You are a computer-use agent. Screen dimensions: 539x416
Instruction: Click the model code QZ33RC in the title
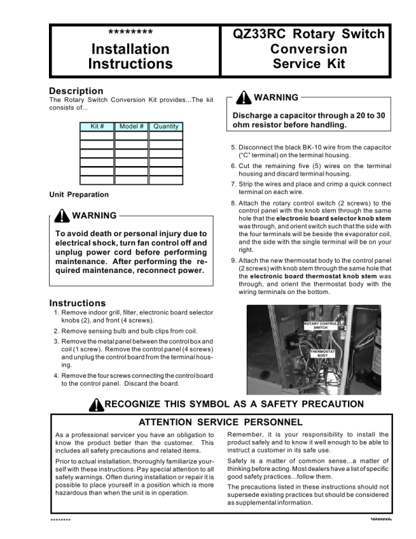260,34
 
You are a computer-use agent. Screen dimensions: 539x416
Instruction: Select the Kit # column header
97,127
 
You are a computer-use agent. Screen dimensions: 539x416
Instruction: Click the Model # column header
131,127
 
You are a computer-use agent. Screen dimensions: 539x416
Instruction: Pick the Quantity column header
166,127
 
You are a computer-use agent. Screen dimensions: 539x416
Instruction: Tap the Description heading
76,91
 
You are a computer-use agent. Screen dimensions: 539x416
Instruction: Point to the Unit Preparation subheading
79,195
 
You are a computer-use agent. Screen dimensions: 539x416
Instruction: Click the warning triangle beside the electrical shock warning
61,216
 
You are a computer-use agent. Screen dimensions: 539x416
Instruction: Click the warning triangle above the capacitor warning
243,98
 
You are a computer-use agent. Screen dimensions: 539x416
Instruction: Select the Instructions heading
77,303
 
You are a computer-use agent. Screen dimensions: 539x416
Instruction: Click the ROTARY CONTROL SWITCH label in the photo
320,325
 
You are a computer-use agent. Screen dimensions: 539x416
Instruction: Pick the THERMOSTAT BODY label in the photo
323,353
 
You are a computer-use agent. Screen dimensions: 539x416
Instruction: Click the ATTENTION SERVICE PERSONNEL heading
221,422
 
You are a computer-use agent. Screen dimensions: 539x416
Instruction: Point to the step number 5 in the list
234,147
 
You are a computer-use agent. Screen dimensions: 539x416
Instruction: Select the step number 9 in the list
234,261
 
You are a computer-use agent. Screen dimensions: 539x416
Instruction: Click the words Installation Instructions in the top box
131,56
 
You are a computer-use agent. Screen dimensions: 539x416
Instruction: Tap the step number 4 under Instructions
56,376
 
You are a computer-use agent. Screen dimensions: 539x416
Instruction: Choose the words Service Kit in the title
309,64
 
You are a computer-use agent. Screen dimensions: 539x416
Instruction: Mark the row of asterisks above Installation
131,33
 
